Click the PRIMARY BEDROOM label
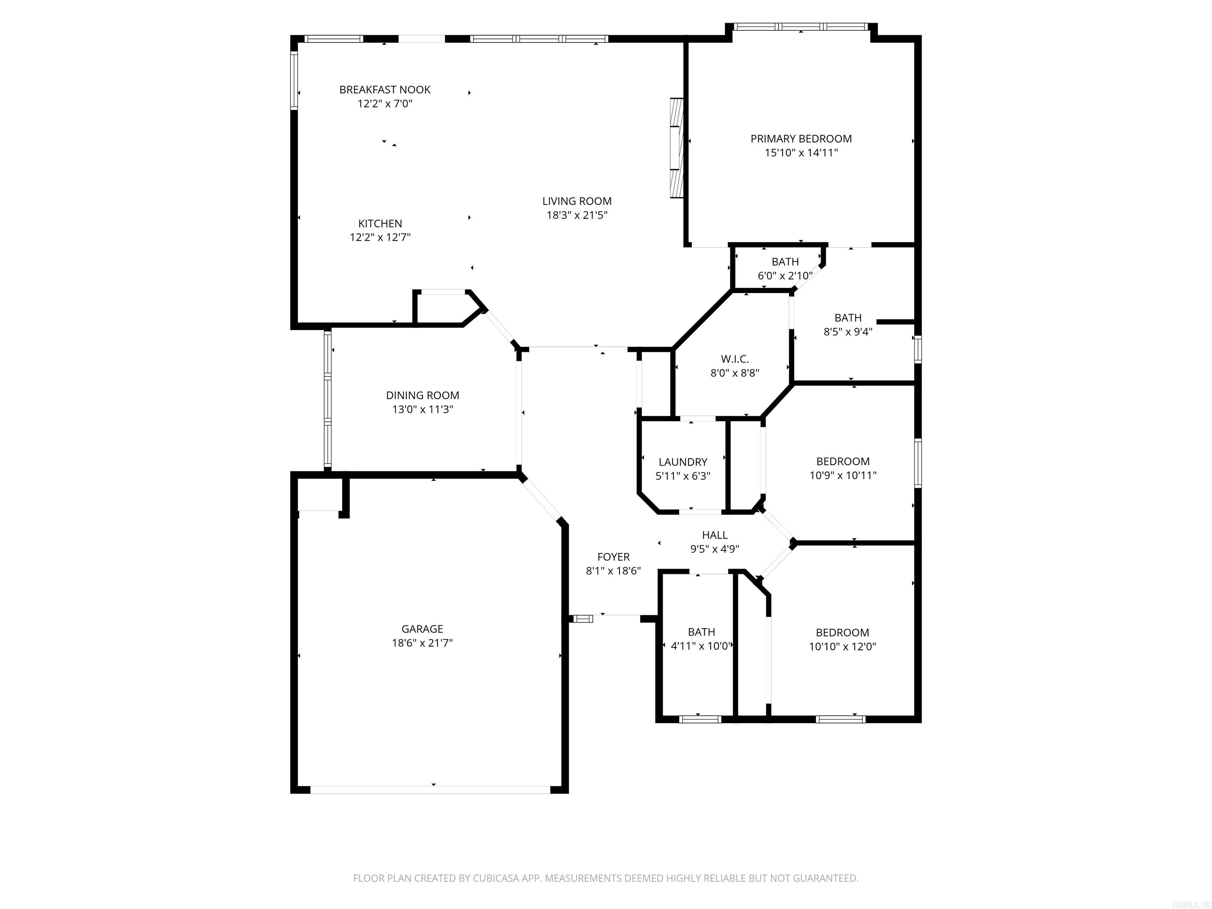point(801,138)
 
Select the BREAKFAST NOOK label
point(385,89)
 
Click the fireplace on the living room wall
point(677,148)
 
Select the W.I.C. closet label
point(734,359)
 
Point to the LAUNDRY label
point(683,462)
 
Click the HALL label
point(714,535)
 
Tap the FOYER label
point(613,557)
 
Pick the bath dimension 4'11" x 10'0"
point(701,646)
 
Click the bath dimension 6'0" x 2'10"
point(785,276)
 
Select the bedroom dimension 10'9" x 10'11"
point(843,475)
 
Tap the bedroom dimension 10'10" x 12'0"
point(842,647)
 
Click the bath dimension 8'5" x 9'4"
point(847,331)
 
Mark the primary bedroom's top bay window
point(801,26)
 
